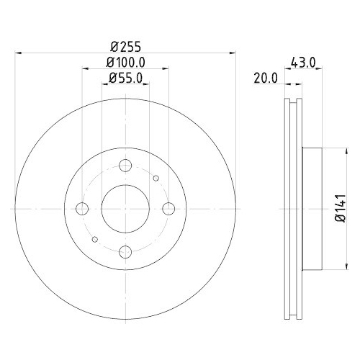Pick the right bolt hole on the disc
168,209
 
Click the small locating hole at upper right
156,178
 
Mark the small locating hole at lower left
95,239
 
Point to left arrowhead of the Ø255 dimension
18,53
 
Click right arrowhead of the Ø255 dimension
233,53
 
